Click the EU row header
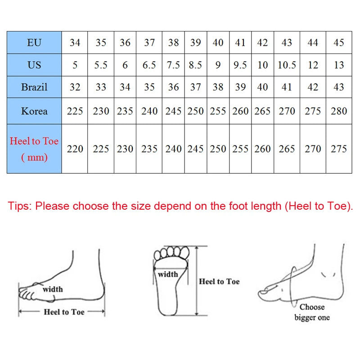pos(34,43)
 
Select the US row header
pos(34,65)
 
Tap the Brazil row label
pos(34,87)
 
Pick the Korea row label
pos(34,111)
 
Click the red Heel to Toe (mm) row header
pos(34,149)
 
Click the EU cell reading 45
pos(339,43)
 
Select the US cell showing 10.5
pos(287,65)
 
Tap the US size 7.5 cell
pos(173,65)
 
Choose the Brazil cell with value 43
pos(339,87)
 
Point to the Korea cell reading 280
pos(339,111)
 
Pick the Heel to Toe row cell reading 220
pos(75,149)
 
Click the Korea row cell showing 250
pos(195,111)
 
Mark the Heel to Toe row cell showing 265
pos(287,149)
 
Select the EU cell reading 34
pos(75,43)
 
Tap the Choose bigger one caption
pos(312,312)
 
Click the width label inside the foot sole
pos(168,274)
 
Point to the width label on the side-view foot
pos(53,289)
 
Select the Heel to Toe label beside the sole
pos(219,282)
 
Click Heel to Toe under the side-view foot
pos(64,312)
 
